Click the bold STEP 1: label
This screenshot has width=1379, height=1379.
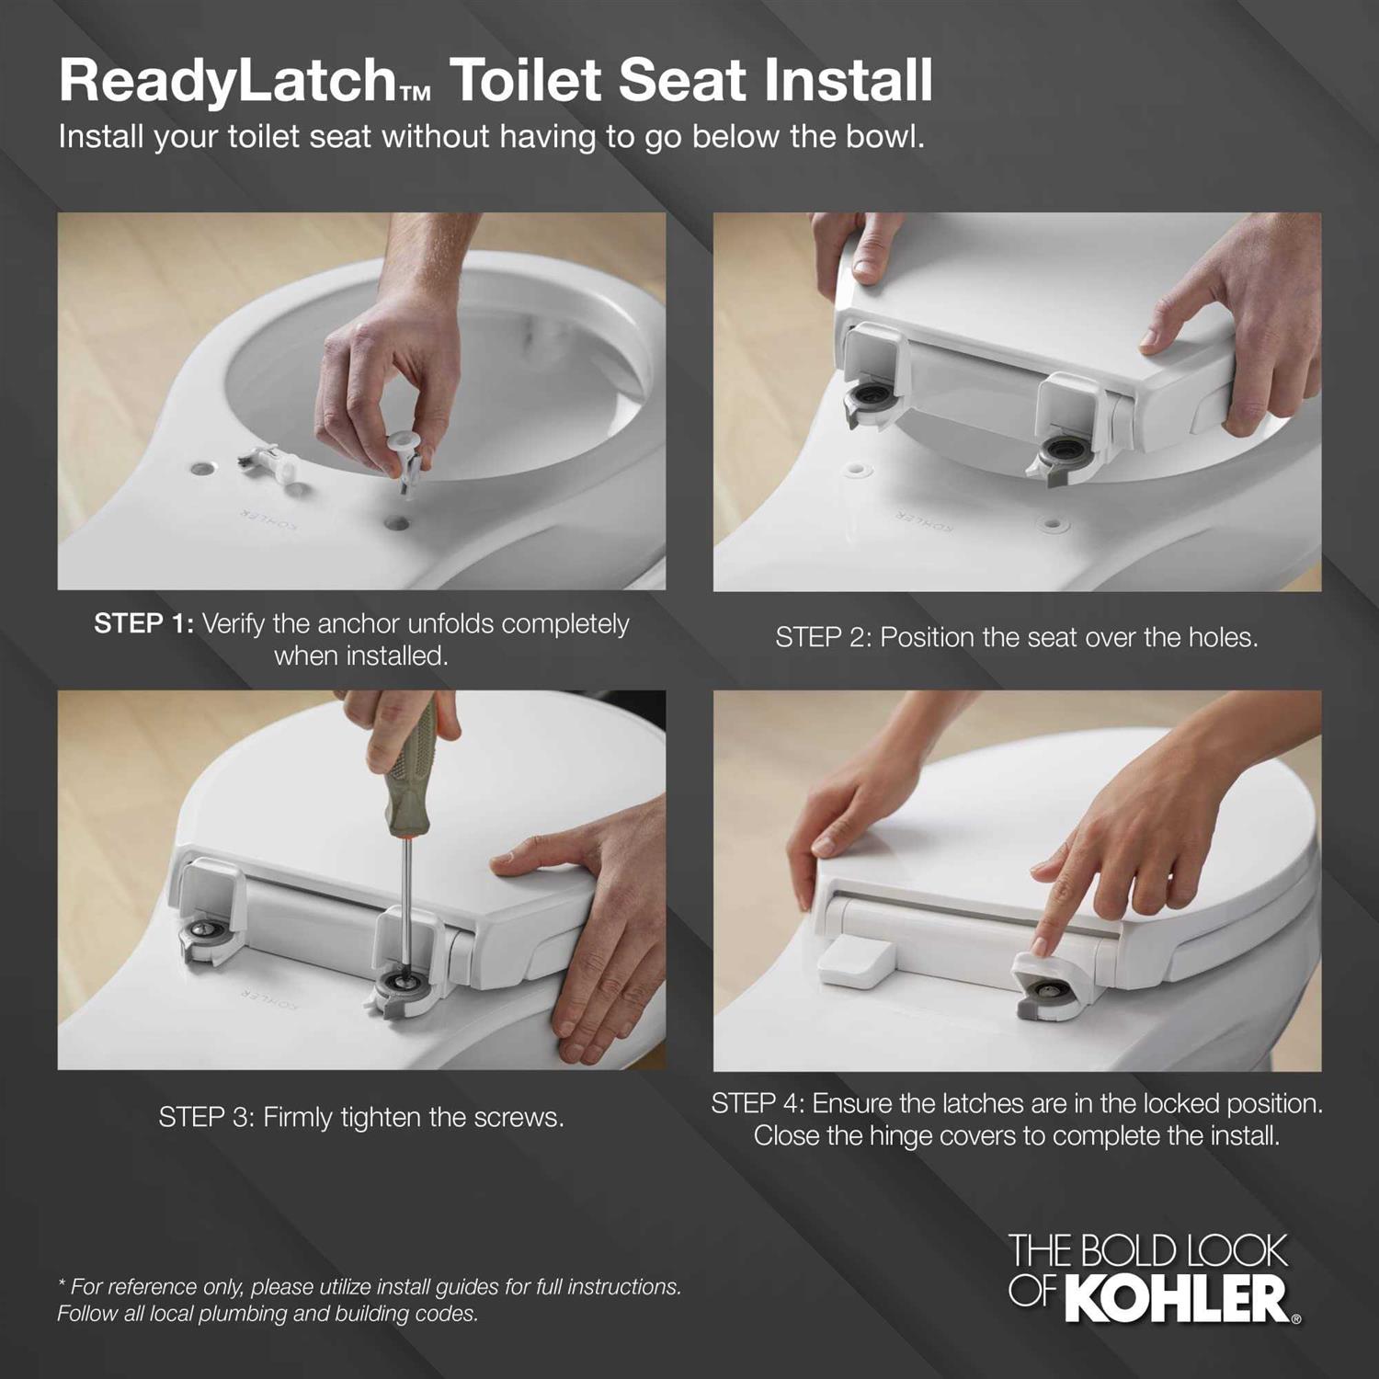(x=143, y=624)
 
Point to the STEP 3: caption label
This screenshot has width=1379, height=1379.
(x=206, y=1118)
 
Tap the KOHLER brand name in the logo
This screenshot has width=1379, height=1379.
(x=1180, y=1298)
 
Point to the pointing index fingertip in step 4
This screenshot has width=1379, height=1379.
(x=1043, y=946)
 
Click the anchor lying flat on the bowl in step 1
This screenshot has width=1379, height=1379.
(x=269, y=457)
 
